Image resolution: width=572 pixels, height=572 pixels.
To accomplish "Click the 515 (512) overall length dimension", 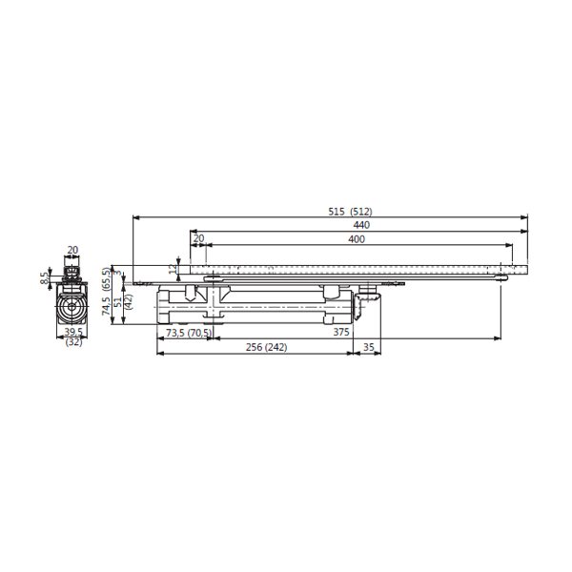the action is [x=350, y=212].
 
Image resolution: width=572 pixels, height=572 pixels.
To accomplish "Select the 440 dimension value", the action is [x=361, y=225].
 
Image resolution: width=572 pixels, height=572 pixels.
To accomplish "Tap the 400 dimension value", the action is [x=357, y=239].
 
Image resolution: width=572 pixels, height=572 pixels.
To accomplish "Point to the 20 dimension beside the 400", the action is [x=198, y=238].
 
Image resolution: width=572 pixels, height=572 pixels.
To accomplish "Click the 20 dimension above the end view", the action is [x=73, y=250].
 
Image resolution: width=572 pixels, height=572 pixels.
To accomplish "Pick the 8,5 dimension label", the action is [x=44, y=278].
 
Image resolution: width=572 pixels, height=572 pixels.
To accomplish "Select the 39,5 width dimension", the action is [x=73, y=332].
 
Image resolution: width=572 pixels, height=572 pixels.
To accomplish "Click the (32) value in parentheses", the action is [x=73, y=342].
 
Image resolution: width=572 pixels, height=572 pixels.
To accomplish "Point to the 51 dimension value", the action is [x=118, y=301].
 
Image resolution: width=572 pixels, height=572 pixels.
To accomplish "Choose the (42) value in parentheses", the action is [x=129, y=301].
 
